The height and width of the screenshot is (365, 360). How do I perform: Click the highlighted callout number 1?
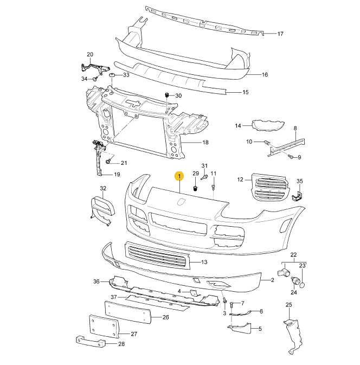(178, 176)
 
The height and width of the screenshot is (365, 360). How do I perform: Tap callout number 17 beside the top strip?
(280, 34)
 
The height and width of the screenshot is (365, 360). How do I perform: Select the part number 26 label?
(166, 317)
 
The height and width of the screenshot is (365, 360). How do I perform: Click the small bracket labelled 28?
(89, 342)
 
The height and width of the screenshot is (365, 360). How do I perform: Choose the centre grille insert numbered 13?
(157, 256)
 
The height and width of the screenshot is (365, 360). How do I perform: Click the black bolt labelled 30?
(166, 95)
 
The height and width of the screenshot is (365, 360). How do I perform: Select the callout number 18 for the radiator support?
(205, 143)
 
